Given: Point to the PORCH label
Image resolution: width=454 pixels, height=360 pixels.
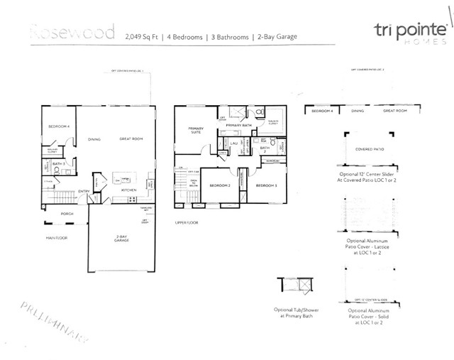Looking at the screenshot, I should pos(67,214).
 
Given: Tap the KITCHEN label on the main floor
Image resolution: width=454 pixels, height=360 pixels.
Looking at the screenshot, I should pos(128,190).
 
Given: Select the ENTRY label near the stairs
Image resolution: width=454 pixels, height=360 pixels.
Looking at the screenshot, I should pos(84,190).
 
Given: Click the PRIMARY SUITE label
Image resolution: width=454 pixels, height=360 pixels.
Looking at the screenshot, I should pos(196,131).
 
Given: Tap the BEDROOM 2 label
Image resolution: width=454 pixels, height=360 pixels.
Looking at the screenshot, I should pos(219,185).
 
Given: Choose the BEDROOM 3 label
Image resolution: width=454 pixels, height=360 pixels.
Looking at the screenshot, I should pos(266,185).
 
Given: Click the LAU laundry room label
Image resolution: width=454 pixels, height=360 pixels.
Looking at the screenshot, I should pos(233,143).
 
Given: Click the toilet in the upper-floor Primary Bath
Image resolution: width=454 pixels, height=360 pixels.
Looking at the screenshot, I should pos(259,112).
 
